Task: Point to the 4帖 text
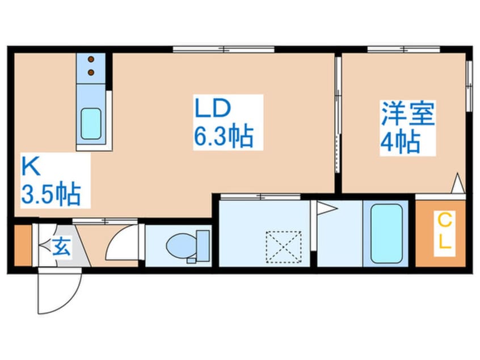400,142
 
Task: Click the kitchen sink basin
91,124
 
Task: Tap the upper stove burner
91,58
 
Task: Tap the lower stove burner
91,72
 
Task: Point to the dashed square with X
284,247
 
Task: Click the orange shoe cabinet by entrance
22,246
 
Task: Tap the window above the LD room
225,49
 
